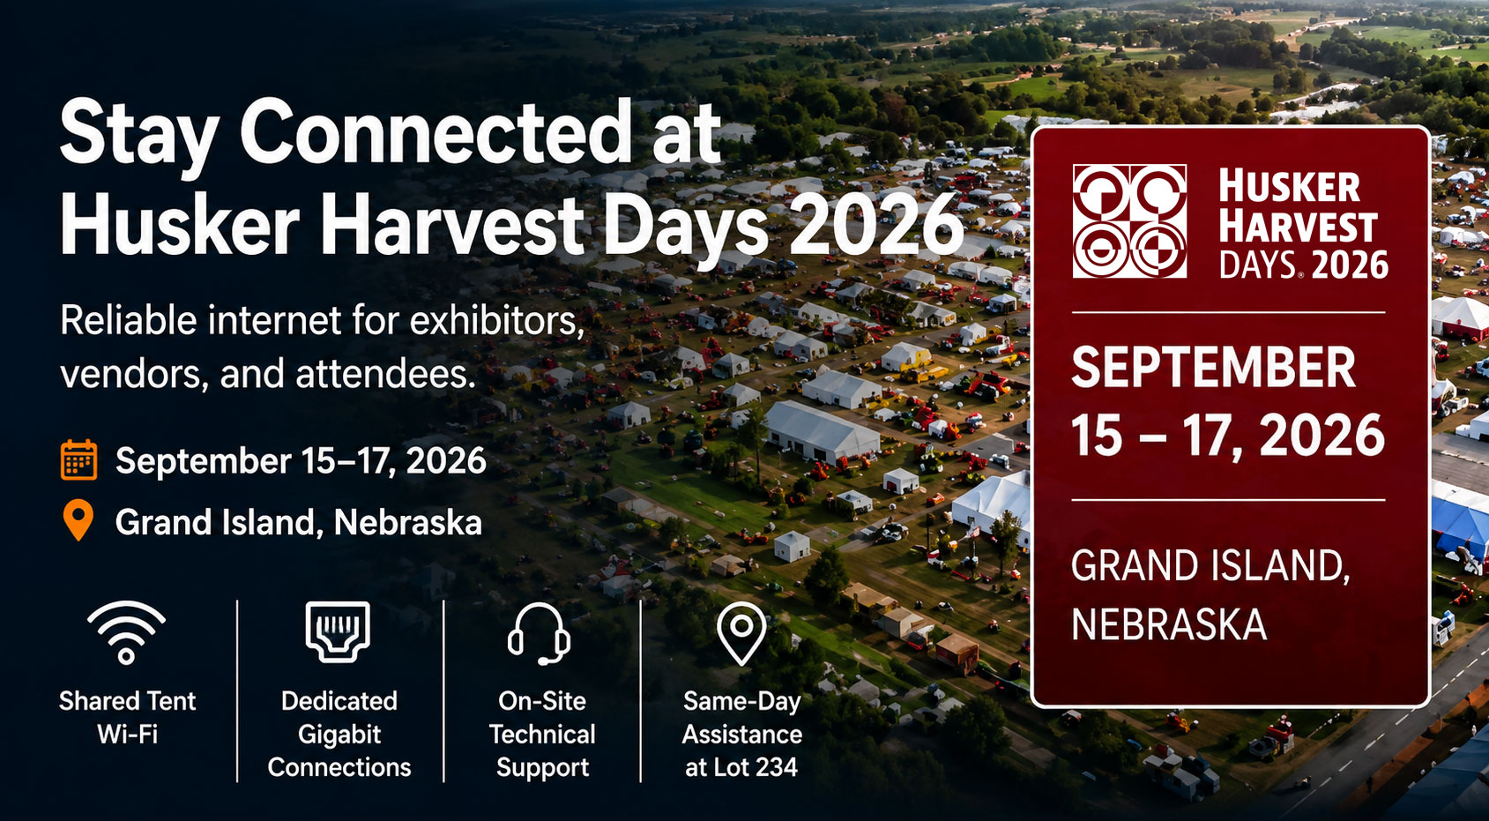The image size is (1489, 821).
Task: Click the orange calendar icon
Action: (x=78, y=459)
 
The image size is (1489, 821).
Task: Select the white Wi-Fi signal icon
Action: (x=126, y=632)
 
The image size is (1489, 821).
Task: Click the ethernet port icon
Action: (x=338, y=632)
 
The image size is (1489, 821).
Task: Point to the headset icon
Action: (x=540, y=633)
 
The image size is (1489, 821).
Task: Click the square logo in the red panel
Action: (x=1129, y=220)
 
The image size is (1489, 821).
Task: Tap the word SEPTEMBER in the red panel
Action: (x=1213, y=368)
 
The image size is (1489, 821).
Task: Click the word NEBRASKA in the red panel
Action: (x=1169, y=624)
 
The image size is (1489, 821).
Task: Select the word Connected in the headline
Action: (x=435, y=131)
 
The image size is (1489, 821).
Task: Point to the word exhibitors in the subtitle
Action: (x=495, y=320)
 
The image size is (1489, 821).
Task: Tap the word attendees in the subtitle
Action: (x=385, y=374)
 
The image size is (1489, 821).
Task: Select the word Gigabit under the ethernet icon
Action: (x=339, y=735)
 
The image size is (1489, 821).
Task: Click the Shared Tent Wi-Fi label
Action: (x=127, y=717)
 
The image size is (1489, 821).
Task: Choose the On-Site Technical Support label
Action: (x=542, y=734)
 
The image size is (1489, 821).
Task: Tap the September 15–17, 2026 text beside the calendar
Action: (x=301, y=460)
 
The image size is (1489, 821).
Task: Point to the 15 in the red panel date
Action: (x=1098, y=436)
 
